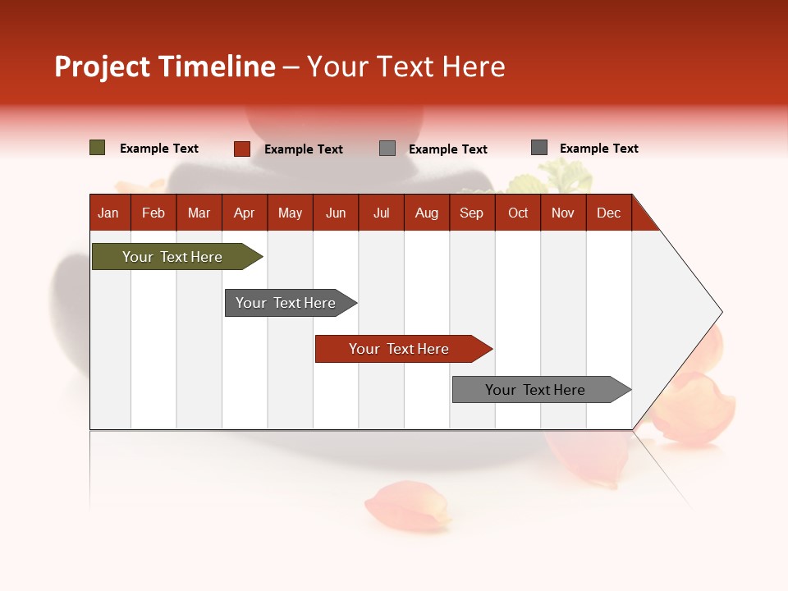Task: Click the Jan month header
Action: coord(109,213)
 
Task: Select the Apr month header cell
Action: coord(244,213)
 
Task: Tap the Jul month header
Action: coord(381,213)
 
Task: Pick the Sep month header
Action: coord(471,213)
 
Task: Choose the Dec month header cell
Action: coord(608,213)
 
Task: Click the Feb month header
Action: coord(153,213)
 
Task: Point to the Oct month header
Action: coord(517,213)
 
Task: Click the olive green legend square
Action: coord(97,148)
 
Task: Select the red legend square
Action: coord(241,149)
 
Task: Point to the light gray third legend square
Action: coord(387,148)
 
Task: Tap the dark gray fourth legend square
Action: coord(538,147)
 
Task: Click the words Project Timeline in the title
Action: coord(164,66)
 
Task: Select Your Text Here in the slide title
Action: coord(405,66)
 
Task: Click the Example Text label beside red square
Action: coord(303,149)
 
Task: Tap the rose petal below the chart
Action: coord(408,504)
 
